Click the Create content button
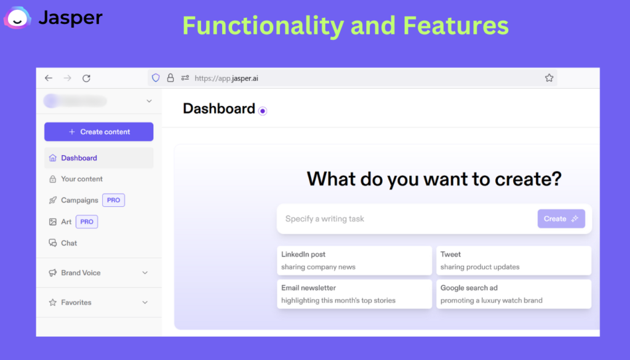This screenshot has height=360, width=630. point(99,132)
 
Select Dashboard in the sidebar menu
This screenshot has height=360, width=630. point(99,158)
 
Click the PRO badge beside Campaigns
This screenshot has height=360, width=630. point(113,200)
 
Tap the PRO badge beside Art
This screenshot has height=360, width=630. point(87,222)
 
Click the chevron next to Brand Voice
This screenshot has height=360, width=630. point(145,273)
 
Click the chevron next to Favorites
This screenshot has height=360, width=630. point(145,303)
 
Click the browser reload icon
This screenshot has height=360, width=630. point(86,78)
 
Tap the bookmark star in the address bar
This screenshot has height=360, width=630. point(549,78)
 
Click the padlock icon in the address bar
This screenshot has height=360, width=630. point(170,78)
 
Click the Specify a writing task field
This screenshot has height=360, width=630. point(407,219)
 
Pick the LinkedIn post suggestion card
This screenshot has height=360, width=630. point(354,260)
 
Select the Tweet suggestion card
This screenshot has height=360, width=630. point(514,260)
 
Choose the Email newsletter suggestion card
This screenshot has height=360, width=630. point(354,294)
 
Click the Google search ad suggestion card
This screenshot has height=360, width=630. point(514,294)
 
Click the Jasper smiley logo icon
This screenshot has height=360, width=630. point(17,18)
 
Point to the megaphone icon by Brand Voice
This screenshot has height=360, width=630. point(53,273)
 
